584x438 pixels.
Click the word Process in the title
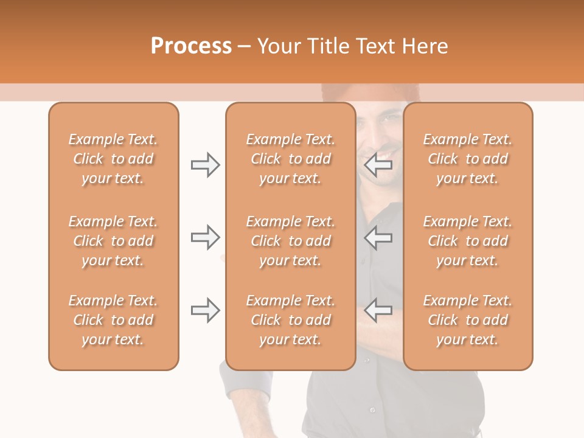(191, 46)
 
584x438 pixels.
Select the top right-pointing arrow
(206, 165)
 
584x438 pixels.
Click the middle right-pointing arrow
(206, 237)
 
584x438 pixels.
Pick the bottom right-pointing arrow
(206, 310)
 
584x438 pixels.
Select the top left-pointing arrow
(378, 165)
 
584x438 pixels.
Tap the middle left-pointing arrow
(378, 237)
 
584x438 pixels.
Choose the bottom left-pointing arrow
(378, 310)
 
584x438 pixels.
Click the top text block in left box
(113, 159)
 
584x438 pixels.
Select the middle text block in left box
(113, 241)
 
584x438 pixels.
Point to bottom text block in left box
(113, 320)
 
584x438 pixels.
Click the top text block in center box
(291, 159)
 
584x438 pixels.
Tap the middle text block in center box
(291, 241)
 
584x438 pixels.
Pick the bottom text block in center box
(291, 320)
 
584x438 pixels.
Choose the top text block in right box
(468, 159)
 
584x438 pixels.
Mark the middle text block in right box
(468, 241)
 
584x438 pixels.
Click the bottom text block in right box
(468, 320)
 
